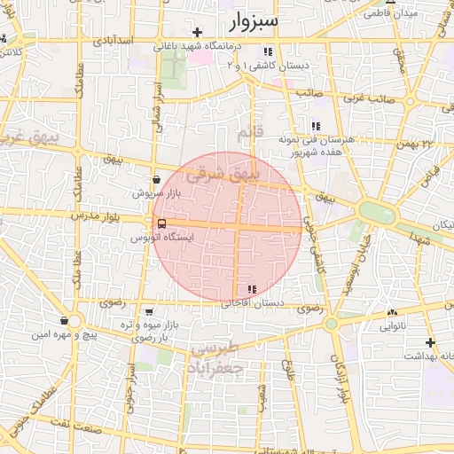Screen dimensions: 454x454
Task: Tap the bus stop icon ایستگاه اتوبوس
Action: click(x=160, y=224)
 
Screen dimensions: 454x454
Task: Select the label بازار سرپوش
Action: click(x=150, y=192)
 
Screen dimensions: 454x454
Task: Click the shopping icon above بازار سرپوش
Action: click(x=156, y=179)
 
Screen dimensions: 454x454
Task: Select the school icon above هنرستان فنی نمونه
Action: click(x=316, y=126)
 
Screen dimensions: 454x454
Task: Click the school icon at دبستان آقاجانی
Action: click(x=252, y=289)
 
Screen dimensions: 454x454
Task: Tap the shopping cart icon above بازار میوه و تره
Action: click(x=149, y=312)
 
